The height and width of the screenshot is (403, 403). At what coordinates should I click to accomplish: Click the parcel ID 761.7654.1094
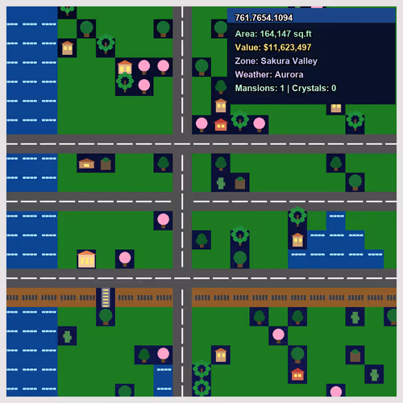(x=264, y=18)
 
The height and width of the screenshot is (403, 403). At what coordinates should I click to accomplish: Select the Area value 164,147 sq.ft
(x=286, y=34)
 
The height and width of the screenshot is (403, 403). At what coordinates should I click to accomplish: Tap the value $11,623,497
(x=287, y=48)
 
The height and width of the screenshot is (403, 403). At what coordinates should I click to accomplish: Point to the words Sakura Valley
(x=289, y=61)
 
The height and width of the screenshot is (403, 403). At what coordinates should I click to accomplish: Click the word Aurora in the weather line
(x=289, y=74)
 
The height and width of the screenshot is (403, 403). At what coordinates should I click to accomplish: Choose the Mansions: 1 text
(x=260, y=88)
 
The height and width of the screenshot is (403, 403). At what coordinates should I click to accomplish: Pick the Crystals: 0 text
(x=314, y=88)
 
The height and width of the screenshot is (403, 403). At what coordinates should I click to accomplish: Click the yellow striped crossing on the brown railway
(x=106, y=297)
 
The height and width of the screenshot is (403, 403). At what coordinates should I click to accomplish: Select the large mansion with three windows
(x=86, y=259)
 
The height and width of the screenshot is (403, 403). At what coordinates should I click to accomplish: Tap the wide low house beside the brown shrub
(x=86, y=164)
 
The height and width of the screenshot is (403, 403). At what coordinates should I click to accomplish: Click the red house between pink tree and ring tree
(x=221, y=125)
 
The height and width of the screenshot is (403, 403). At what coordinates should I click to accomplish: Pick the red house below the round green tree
(x=297, y=374)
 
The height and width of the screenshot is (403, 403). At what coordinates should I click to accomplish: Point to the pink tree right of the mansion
(x=125, y=259)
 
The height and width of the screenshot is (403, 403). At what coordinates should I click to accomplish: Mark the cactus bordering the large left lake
(x=67, y=336)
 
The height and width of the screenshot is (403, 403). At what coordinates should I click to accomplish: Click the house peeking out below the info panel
(x=336, y=108)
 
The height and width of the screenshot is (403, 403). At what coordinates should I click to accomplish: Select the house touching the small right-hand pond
(x=297, y=240)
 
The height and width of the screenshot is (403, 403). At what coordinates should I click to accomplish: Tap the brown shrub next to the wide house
(x=106, y=164)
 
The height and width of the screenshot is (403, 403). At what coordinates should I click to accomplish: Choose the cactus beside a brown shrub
(x=221, y=183)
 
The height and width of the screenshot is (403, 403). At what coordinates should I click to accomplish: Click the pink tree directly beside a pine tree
(x=163, y=355)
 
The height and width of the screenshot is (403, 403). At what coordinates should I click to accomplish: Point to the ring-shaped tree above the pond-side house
(x=297, y=216)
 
